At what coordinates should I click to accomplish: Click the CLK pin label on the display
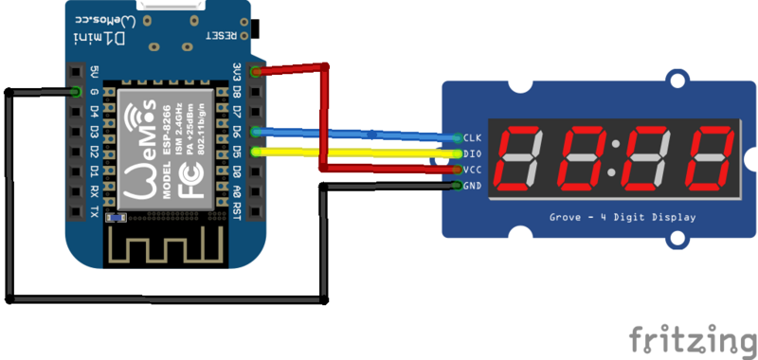pyautogui.click(x=472, y=138)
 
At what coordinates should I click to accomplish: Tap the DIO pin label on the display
pyautogui.click(x=472, y=153)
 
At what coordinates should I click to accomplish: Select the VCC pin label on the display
pyautogui.click(x=472, y=170)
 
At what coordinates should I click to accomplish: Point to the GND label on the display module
pyautogui.click(x=472, y=185)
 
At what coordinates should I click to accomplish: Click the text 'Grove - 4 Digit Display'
pyautogui.click(x=623, y=218)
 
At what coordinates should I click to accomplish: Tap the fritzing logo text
pyautogui.click(x=695, y=337)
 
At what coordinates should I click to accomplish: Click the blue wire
pyautogui.click(x=379, y=135)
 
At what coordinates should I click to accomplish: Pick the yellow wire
pyautogui.click(x=379, y=151)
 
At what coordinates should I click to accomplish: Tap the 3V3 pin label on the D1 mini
pyautogui.click(x=237, y=72)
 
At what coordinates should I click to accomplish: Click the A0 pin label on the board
pyautogui.click(x=237, y=190)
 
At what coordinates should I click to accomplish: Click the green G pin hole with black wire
pyautogui.click(x=75, y=92)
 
